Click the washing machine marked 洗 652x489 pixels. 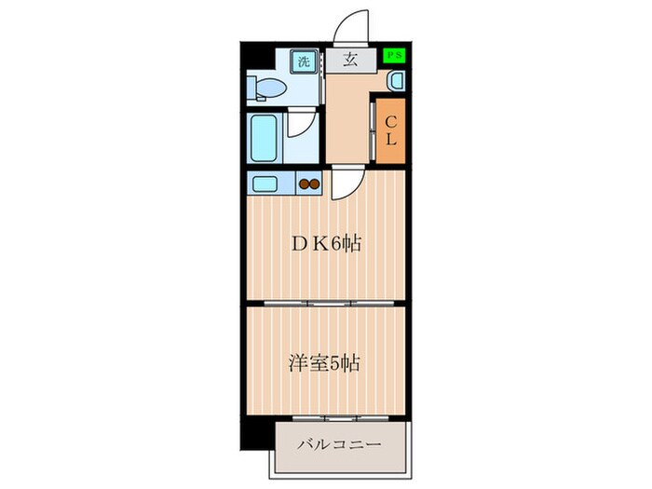coord(304,62)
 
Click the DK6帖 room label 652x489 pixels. coord(325,245)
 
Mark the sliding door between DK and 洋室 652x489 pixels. coord(325,304)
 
